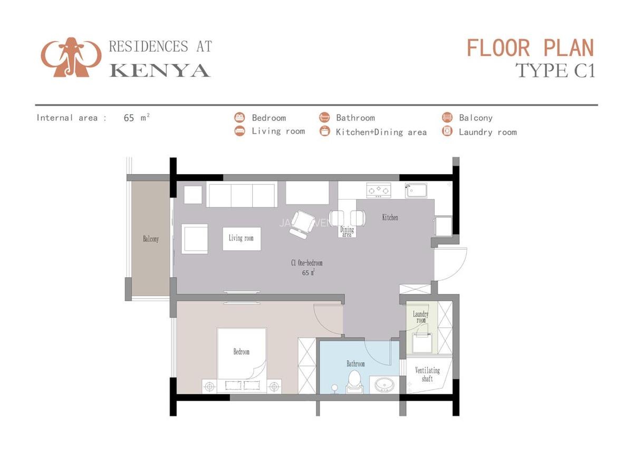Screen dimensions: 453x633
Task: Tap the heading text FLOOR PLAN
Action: tap(530, 48)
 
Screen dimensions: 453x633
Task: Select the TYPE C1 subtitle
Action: tap(555, 70)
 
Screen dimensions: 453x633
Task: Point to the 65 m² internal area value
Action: tap(137, 118)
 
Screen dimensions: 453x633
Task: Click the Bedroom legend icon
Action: tap(240, 118)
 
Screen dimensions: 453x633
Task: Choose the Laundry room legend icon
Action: tap(447, 131)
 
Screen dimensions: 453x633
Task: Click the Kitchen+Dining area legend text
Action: tap(381, 132)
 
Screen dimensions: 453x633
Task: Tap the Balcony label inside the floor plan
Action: tap(151, 239)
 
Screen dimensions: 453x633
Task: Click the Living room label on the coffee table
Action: tap(241, 238)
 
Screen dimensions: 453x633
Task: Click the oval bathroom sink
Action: tap(385, 384)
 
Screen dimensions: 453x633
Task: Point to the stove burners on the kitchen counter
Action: tap(378, 190)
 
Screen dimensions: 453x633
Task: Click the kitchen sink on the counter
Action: tap(416, 190)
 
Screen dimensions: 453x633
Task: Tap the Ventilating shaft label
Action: tap(427, 374)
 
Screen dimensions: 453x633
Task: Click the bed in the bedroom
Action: tap(242, 354)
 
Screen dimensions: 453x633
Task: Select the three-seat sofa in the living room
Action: tap(242, 195)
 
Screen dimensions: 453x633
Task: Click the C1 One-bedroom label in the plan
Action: tap(306, 263)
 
